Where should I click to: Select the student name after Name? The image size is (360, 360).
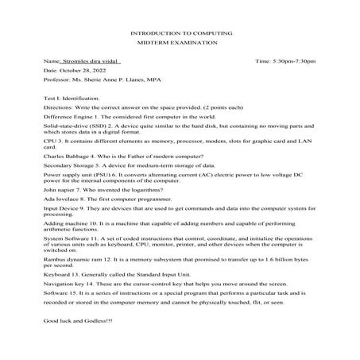click(90, 61)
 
